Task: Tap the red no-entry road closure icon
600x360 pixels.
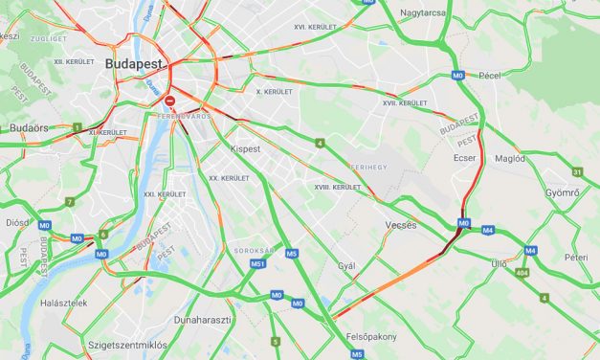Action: [x=169, y=99]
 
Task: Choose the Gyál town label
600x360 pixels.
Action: [x=346, y=266]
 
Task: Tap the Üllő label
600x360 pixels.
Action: [x=499, y=262]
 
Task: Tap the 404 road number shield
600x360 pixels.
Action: [x=522, y=274]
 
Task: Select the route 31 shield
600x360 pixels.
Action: [x=577, y=171]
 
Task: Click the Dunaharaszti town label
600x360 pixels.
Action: [x=202, y=320]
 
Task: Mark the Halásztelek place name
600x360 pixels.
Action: [x=64, y=303]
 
